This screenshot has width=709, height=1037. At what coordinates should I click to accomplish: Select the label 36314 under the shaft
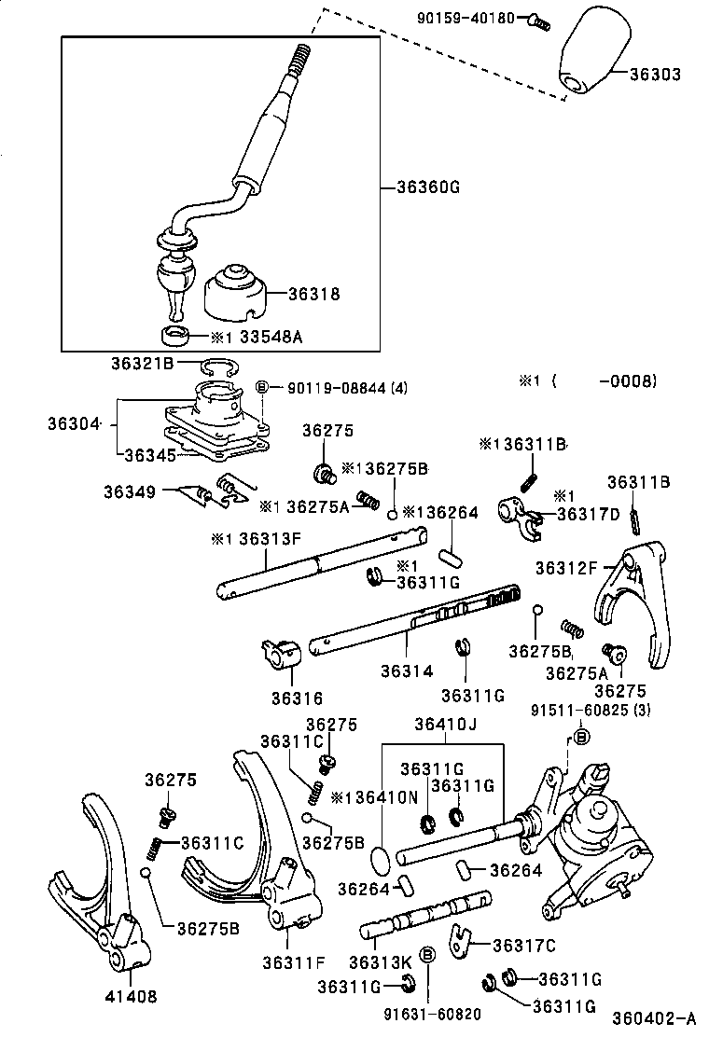(x=406, y=671)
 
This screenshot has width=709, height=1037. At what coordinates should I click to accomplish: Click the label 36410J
(x=445, y=724)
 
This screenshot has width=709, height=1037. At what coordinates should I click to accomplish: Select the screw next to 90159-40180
(x=535, y=18)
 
